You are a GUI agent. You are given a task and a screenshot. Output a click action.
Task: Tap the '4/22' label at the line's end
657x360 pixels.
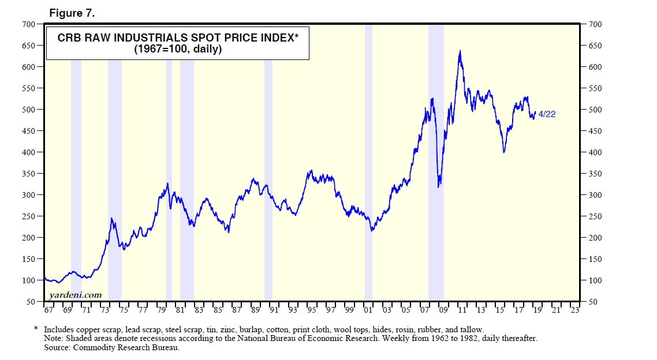pyautogui.click(x=547, y=114)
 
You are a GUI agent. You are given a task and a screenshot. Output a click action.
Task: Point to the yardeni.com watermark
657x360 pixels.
pyautogui.click(x=75, y=294)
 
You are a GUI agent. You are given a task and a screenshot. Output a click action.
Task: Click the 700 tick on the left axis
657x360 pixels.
pyautogui.click(x=29, y=24)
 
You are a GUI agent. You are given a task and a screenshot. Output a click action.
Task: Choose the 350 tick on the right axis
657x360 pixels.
pyautogui.click(x=595, y=174)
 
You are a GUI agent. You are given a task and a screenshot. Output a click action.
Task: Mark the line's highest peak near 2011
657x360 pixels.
pyautogui.click(x=460, y=51)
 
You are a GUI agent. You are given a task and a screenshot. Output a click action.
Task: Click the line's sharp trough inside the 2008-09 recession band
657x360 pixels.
pyautogui.click(x=439, y=186)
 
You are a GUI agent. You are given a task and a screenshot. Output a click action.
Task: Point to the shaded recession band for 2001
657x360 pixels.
pyautogui.click(x=368, y=162)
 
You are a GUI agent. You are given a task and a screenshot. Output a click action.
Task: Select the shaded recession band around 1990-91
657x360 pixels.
pyautogui.click(x=268, y=162)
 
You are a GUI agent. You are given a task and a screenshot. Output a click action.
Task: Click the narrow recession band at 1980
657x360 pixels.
pyautogui.click(x=169, y=162)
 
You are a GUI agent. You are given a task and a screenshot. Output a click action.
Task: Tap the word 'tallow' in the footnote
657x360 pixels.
pyautogui.click(x=471, y=329)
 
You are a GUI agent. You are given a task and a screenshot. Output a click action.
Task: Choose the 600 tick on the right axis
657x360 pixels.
pyautogui.click(x=595, y=67)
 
